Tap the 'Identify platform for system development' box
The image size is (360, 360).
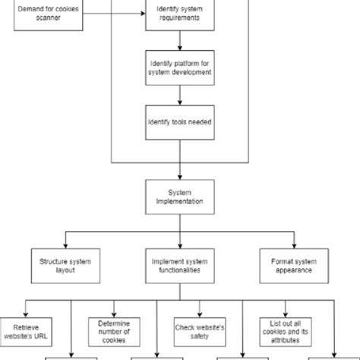click(179, 68)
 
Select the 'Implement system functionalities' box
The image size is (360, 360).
click(179, 264)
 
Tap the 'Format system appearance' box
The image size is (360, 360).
click(293, 264)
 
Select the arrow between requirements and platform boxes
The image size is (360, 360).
click(179, 42)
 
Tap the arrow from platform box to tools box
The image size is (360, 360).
click(179, 96)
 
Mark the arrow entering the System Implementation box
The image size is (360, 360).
click(179, 171)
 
